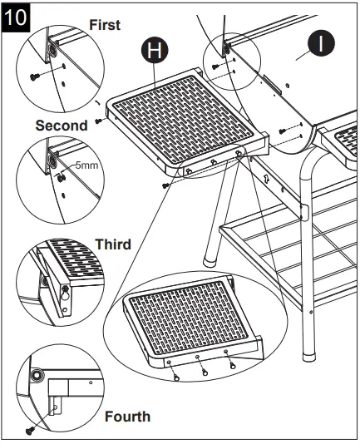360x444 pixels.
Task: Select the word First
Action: pyautogui.click(x=105, y=25)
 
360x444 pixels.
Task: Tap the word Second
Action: pyautogui.click(x=61, y=126)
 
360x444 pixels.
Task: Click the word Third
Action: pyautogui.click(x=112, y=244)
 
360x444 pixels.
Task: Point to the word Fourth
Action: pyautogui.click(x=127, y=416)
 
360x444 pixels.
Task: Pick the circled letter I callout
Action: pyautogui.click(x=320, y=43)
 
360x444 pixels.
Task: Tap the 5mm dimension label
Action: pyautogui.click(x=86, y=165)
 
